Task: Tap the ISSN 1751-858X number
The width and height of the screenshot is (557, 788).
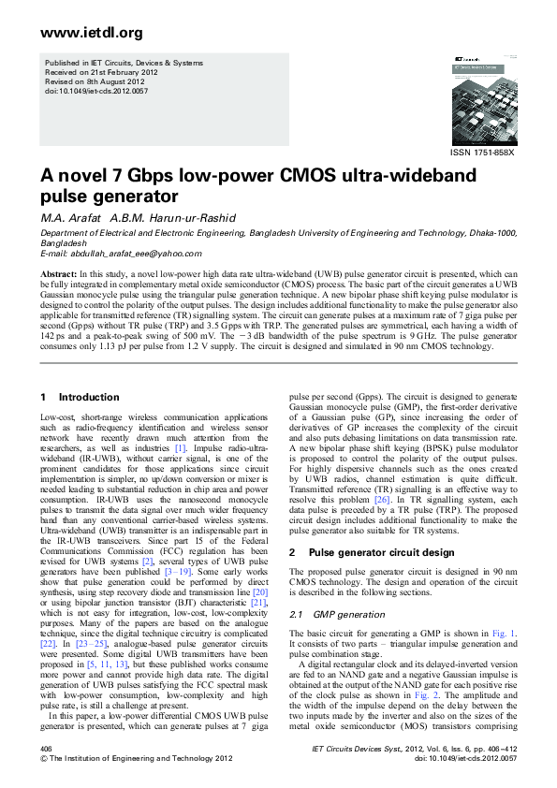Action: (x=483, y=152)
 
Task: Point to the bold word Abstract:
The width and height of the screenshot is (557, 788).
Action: (x=58, y=273)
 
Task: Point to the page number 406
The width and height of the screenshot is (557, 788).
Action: (x=46, y=751)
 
